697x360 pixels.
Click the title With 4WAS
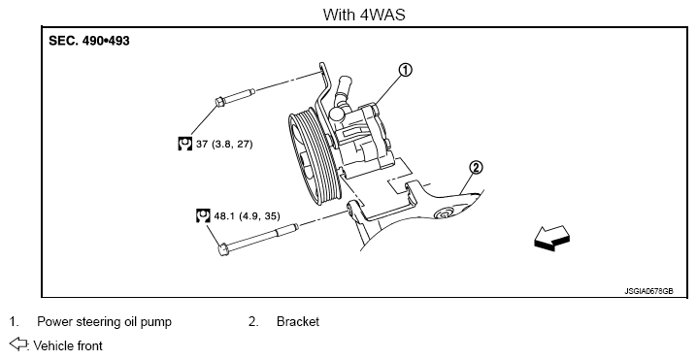click(364, 15)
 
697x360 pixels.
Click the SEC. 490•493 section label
click(89, 41)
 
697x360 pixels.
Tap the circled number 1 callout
click(405, 70)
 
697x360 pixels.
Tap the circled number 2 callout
click(476, 168)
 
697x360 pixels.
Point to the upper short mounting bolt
click(235, 97)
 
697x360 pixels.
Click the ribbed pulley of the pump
click(314, 159)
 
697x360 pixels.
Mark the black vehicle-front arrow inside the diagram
click(551, 239)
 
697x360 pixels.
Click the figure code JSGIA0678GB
click(648, 291)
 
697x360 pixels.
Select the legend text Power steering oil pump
click(104, 321)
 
